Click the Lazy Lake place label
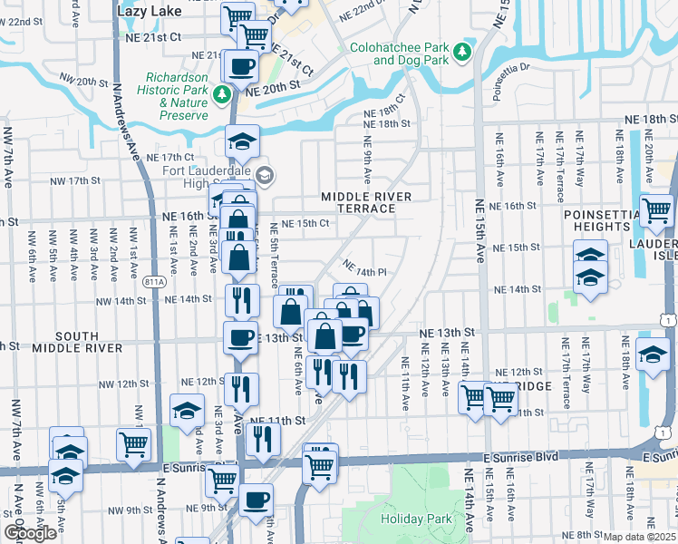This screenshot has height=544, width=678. [x=150, y=10]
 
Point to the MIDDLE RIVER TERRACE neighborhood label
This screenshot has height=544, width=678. [x=367, y=202]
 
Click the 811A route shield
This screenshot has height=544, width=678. [x=154, y=282]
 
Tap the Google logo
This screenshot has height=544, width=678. [x=29, y=533]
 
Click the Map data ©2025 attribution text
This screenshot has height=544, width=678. [x=640, y=537]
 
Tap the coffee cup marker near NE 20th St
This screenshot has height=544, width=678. [x=241, y=65]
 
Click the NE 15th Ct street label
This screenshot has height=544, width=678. [x=304, y=224]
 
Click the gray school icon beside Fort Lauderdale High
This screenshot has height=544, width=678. [x=265, y=174]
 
